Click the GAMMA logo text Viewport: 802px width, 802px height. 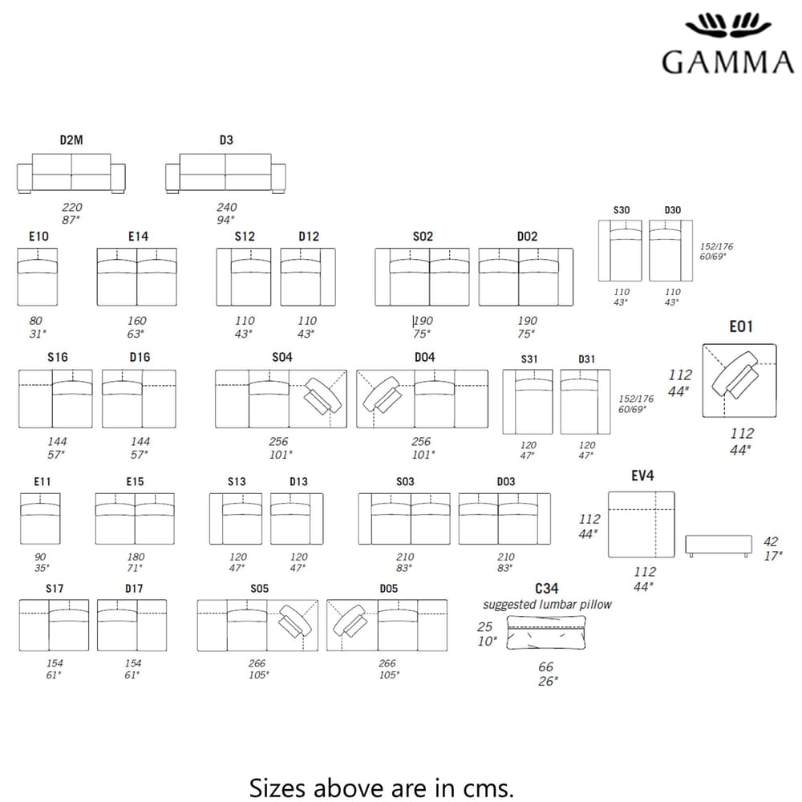(x=728, y=63)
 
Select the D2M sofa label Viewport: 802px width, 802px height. (x=71, y=140)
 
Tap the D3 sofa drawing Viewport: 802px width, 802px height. (x=225, y=173)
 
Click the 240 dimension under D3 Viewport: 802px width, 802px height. (x=227, y=207)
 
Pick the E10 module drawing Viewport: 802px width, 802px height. (x=38, y=277)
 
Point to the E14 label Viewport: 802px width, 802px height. (x=138, y=237)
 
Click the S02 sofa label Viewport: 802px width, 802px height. (x=423, y=237)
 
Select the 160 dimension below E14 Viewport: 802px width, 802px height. (x=137, y=321)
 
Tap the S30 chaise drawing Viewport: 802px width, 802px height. (x=620, y=250)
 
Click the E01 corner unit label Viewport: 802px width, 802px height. (x=741, y=327)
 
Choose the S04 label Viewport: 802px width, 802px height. (x=282, y=357)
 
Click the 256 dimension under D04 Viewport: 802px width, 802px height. (x=421, y=441)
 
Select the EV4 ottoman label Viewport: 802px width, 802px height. (x=642, y=476)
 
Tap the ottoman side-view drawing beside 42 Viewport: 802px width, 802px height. (x=719, y=545)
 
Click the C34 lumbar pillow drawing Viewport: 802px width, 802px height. (x=546, y=633)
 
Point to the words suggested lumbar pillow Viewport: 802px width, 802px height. (x=547, y=605)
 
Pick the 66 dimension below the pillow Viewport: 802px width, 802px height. (x=545, y=667)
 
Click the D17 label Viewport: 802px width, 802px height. (x=134, y=589)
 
